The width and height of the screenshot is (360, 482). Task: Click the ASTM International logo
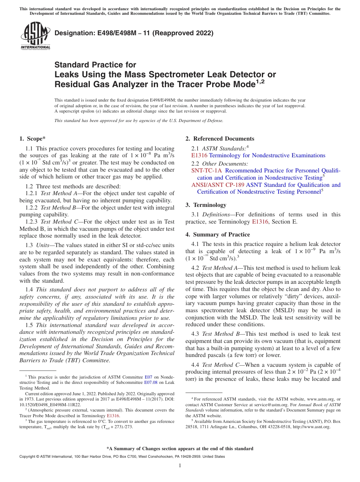[x=35, y=36]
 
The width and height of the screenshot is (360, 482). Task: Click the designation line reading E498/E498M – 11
[x=134, y=33]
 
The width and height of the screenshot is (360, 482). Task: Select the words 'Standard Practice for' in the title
[x=95, y=65]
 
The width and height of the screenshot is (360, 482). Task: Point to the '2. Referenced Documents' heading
[x=220, y=139]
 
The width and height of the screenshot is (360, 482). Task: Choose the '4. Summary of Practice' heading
[x=218, y=234]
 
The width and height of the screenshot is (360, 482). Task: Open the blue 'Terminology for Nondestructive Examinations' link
[x=267, y=155]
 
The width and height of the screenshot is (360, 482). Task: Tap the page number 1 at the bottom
[x=180, y=466]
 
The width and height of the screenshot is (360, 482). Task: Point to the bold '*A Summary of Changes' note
[x=180, y=449]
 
